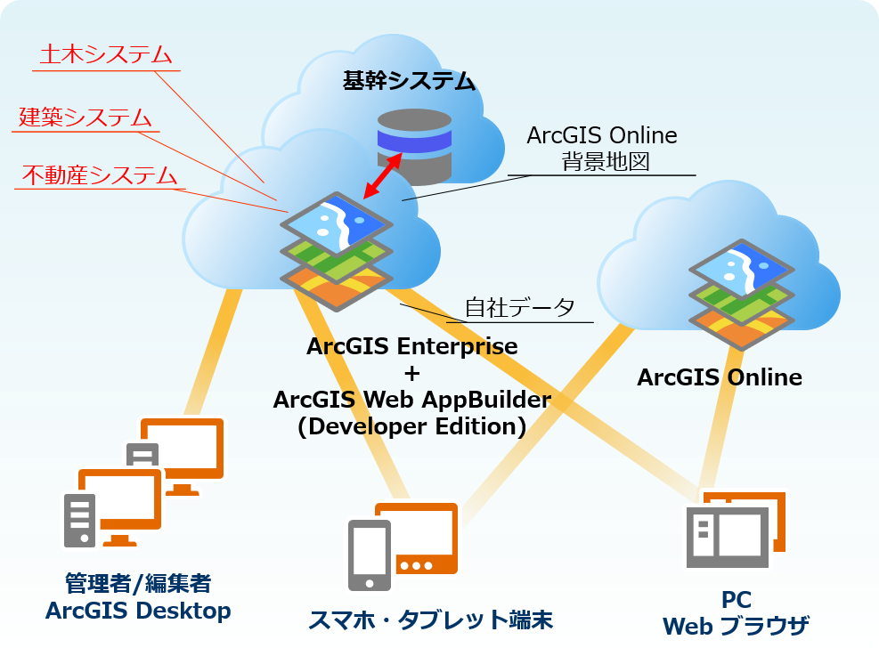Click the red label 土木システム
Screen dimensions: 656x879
point(106,54)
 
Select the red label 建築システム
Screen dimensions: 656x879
point(85,117)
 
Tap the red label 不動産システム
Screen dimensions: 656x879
point(99,175)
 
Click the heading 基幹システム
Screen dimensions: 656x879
point(409,82)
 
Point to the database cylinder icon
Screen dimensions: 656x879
point(413,141)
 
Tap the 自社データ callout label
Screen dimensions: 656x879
point(520,309)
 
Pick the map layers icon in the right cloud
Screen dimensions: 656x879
point(742,293)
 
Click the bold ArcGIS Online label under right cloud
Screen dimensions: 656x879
point(720,377)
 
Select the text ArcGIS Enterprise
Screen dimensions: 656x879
point(412,345)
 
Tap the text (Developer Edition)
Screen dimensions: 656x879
point(411,426)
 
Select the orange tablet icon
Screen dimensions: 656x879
point(417,537)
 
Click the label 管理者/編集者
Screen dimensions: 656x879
point(138,584)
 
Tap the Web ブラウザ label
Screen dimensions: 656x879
point(736,626)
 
